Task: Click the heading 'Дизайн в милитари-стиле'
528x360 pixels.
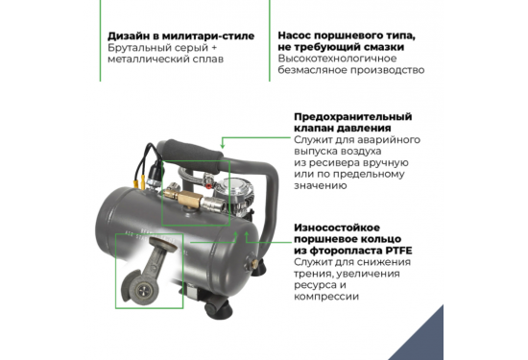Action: click(180, 37)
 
